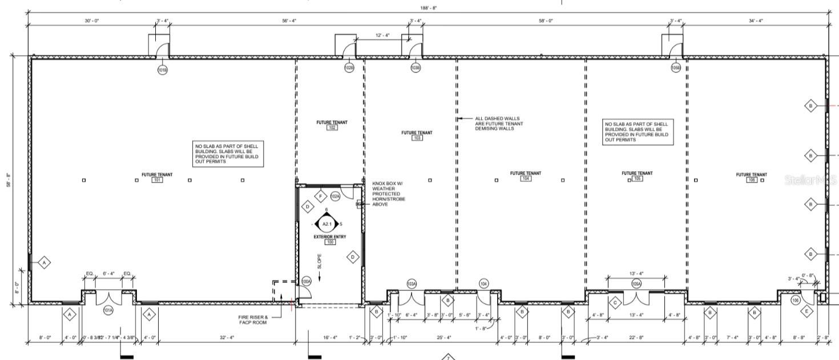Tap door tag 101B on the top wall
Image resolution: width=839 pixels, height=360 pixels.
[163, 70]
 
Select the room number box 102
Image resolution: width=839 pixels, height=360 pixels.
[332, 128]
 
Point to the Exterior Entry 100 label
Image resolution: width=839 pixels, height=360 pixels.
[329, 239]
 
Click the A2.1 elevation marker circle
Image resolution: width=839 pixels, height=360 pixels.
[326, 224]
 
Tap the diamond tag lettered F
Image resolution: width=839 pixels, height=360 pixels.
[321, 197]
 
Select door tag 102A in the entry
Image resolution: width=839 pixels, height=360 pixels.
[336, 197]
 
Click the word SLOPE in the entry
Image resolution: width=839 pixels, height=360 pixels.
[319, 261]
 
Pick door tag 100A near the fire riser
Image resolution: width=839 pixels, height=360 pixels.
[306, 282]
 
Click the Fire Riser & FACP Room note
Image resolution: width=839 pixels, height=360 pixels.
[253, 319]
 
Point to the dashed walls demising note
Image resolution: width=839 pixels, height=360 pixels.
[497, 124]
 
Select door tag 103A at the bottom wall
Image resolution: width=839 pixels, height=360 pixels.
[411, 284]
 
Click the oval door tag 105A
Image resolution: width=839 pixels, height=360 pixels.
[636, 284]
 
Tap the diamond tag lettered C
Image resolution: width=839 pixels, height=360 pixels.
[616, 302]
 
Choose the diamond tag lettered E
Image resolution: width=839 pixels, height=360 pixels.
[806, 312]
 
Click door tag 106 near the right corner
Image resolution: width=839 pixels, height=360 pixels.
[796, 300]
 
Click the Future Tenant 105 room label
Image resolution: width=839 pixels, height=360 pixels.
[637, 176]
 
